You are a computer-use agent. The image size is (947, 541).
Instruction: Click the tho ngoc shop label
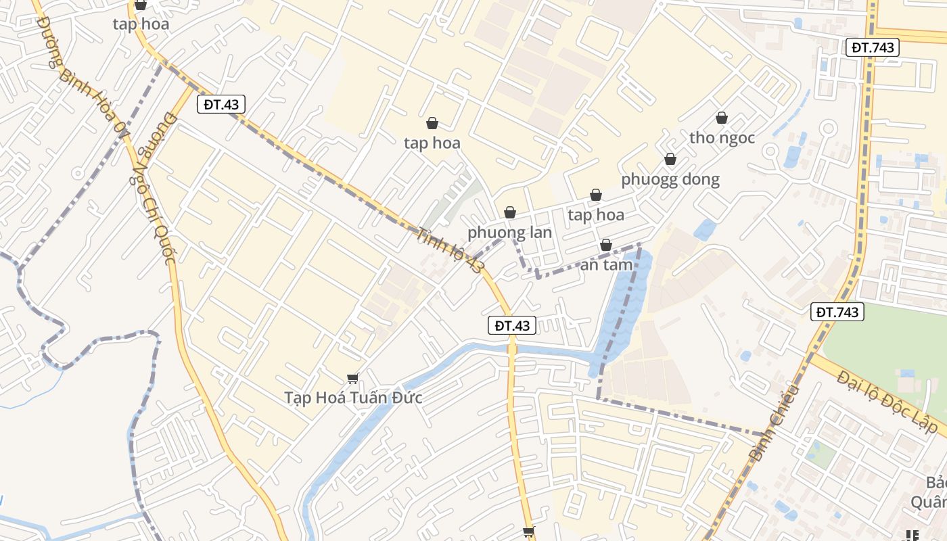[722, 137]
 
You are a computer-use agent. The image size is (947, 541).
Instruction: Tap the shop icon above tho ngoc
[722, 118]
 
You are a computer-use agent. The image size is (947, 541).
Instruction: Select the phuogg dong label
[670, 179]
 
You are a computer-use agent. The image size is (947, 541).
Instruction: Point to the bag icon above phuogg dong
[670, 160]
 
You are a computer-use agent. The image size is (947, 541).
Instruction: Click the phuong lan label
[509, 232]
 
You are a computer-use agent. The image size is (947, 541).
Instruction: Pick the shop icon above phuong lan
[510, 213]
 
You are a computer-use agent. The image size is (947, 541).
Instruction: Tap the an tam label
[606, 264]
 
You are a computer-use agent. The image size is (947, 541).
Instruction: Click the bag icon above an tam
[606, 245]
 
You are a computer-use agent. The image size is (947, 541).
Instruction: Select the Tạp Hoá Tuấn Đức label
[352, 397]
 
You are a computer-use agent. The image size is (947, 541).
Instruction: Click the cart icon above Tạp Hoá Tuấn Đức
[352, 378]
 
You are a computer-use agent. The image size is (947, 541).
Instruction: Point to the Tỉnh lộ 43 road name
[451, 250]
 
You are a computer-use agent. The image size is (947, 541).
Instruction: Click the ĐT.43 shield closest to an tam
[512, 325]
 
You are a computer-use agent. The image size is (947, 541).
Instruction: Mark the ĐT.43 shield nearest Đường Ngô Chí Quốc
[221, 104]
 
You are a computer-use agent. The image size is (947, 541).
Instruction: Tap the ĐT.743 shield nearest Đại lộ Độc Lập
[837, 312]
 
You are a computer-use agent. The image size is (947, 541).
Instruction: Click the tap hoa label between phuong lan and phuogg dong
[595, 215]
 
